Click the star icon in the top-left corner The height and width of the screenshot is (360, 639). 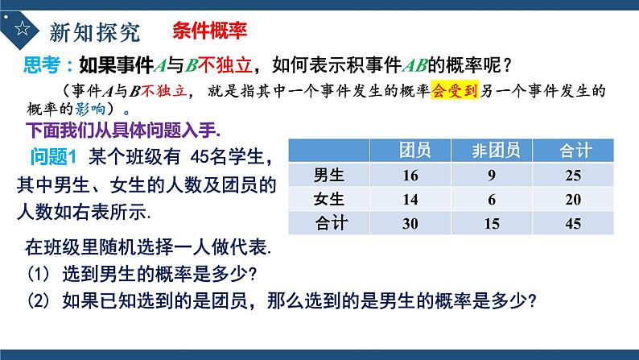click(22, 30)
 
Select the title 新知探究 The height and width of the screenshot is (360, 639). click(94, 31)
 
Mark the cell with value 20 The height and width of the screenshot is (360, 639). click(574, 199)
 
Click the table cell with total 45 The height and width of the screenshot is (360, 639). click(574, 223)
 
